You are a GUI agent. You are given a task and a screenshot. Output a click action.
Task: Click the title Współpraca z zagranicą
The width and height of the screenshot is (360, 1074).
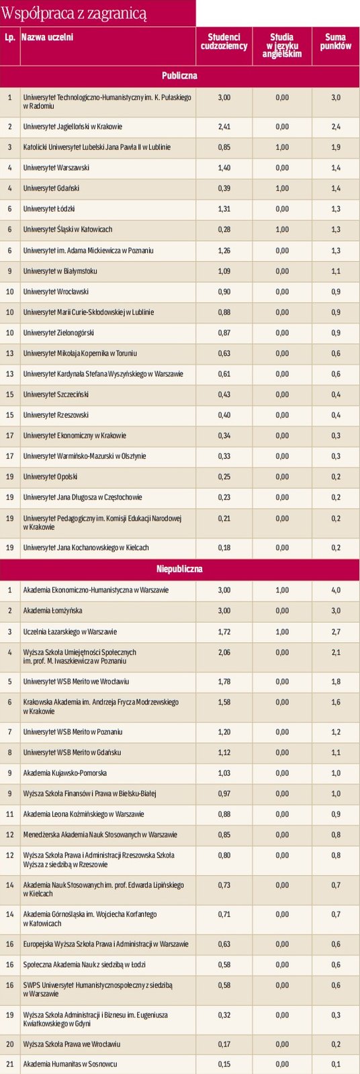click(x=75, y=13)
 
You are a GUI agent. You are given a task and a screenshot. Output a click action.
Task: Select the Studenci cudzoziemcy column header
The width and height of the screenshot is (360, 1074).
click(x=224, y=42)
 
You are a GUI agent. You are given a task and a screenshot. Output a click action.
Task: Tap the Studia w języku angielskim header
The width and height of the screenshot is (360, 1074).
click(x=282, y=45)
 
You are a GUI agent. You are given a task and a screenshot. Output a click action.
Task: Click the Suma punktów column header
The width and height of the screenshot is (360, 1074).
click(x=335, y=42)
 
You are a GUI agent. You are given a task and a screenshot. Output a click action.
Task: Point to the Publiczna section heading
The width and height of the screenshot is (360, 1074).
click(x=179, y=76)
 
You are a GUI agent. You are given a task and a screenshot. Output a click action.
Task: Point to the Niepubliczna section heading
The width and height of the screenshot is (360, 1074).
click(x=179, y=569)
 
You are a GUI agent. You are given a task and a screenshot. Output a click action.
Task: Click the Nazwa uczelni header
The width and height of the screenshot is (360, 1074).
click(x=48, y=38)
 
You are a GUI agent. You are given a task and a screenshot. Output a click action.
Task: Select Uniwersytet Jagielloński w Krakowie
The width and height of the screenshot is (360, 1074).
click(x=73, y=126)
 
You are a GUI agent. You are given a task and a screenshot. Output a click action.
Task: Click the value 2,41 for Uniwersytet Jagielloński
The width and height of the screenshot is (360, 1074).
click(x=224, y=126)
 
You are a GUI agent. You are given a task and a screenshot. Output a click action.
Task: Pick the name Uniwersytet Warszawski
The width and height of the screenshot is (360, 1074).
click(x=56, y=168)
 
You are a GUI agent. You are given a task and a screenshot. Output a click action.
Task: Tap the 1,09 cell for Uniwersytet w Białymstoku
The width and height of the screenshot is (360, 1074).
click(x=224, y=271)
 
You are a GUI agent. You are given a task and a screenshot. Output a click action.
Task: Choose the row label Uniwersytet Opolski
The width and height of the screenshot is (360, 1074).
click(x=50, y=477)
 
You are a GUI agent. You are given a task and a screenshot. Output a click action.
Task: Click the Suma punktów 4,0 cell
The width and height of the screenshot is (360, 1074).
click(x=335, y=590)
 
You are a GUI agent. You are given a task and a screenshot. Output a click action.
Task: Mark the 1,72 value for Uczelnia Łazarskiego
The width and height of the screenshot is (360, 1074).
click(x=224, y=632)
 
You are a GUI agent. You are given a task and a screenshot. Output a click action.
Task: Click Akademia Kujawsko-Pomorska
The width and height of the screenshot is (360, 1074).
click(x=65, y=774)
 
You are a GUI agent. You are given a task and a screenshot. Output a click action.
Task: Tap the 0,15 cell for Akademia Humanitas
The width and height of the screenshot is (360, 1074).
click(x=224, y=1064)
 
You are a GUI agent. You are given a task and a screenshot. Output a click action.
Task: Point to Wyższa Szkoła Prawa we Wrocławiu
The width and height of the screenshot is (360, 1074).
click(x=72, y=1044)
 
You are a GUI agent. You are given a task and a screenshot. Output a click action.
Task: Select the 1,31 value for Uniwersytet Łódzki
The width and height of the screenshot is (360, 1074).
click(x=224, y=209)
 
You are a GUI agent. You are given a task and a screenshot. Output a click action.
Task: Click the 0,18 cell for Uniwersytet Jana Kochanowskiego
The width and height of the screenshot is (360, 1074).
click(x=224, y=548)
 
